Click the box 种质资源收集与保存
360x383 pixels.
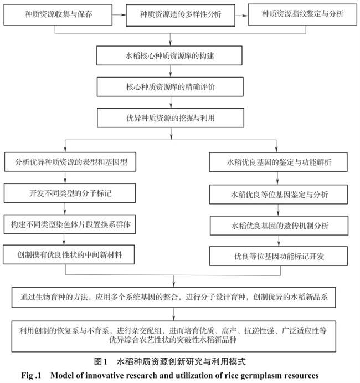(57, 13)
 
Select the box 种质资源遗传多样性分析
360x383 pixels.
(180, 13)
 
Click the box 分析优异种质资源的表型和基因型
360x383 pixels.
(65, 164)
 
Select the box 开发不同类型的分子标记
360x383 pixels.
(65, 195)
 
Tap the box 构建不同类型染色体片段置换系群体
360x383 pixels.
(65, 226)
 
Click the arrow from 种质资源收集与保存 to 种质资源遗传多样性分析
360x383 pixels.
(116, 11)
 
